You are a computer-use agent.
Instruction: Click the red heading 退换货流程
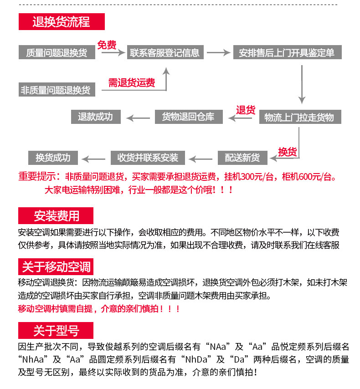62,22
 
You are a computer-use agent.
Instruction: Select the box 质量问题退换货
57,53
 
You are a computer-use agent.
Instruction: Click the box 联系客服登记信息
165,53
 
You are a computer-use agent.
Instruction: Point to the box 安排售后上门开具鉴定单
287,53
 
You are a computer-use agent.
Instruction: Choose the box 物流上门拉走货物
299,118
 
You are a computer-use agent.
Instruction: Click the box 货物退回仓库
188,117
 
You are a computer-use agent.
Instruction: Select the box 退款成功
95,117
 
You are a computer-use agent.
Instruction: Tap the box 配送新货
242,158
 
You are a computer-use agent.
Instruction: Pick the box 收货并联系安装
148,158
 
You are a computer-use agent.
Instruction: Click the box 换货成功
53,158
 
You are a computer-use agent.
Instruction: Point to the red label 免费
107,45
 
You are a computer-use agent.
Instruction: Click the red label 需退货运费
131,82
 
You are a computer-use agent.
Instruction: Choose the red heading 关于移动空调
56,266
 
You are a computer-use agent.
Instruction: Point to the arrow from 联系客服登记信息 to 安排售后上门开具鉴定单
218,53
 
